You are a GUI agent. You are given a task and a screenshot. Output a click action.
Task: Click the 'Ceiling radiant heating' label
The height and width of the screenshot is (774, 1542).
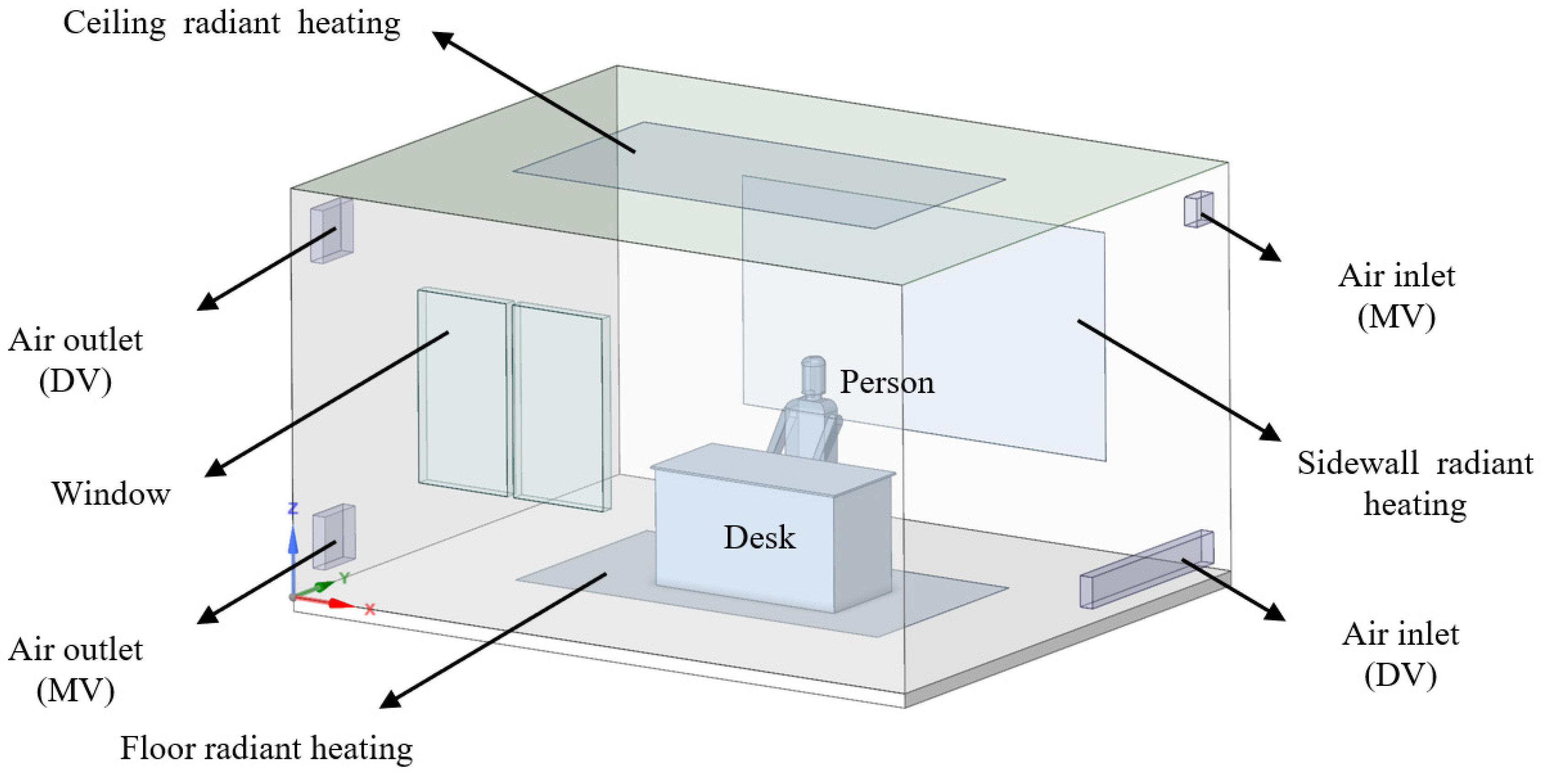tap(231, 24)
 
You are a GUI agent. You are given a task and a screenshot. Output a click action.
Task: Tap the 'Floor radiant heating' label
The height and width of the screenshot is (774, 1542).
tap(266, 748)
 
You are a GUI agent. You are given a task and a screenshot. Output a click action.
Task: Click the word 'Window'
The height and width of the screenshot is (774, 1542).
tap(112, 494)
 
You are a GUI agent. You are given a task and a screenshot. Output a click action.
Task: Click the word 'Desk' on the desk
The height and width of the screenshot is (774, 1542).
tap(760, 537)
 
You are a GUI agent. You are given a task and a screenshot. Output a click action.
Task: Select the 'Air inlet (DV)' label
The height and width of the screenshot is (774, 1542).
tap(1400, 654)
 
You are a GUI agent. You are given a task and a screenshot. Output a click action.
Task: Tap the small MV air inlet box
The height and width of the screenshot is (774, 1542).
tap(1198, 209)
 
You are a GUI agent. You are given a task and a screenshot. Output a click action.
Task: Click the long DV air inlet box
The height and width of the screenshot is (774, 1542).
tap(1146, 569)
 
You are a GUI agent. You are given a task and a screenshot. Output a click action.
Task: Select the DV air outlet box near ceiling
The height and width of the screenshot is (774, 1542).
tap(331, 230)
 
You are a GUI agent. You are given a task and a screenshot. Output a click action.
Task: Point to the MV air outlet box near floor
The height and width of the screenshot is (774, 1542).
tap(334, 536)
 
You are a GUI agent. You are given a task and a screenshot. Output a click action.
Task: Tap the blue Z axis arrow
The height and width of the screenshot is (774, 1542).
tap(292, 542)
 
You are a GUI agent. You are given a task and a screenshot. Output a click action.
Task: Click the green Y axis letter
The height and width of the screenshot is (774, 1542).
tap(344, 578)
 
